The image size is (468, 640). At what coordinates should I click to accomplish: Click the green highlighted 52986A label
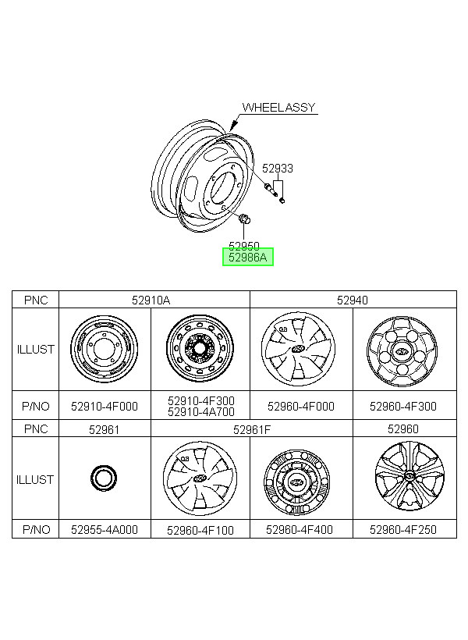(248, 257)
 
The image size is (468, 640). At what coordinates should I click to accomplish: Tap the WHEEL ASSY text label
(278, 108)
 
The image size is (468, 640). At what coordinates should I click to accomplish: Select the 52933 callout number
(278, 168)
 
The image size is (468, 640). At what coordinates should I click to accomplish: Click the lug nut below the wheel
(244, 219)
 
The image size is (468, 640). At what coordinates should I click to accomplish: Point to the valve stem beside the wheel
(271, 190)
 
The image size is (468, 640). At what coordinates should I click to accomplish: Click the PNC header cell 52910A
(151, 300)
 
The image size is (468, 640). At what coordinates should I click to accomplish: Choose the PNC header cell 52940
(353, 300)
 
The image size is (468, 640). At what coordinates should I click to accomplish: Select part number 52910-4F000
(105, 407)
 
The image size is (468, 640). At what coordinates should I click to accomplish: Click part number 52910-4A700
(201, 412)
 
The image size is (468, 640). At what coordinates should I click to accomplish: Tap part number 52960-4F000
(301, 407)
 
